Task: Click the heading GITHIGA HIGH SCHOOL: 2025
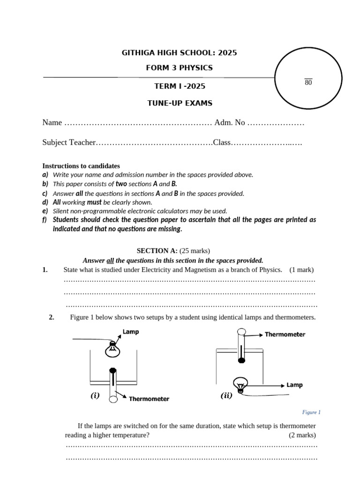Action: (x=180, y=53)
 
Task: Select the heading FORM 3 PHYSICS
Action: (x=180, y=68)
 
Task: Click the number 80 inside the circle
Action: (x=308, y=83)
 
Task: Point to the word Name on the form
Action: (x=52, y=123)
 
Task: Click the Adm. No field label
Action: (x=230, y=123)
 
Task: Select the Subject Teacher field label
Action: (x=69, y=142)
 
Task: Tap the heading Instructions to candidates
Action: (x=81, y=166)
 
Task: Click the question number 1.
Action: (x=45, y=270)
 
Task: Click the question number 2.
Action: (x=52, y=317)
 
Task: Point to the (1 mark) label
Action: (x=301, y=270)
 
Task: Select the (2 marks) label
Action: (x=302, y=435)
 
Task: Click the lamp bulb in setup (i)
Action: (x=112, y=348)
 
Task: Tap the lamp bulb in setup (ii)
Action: (x=240, y=385)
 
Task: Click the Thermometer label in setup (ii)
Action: (x=285, y=335)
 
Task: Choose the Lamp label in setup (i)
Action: (x=131, y=332)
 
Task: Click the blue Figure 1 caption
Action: (x=311, y=412)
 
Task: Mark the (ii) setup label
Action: (x=226, y=396)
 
